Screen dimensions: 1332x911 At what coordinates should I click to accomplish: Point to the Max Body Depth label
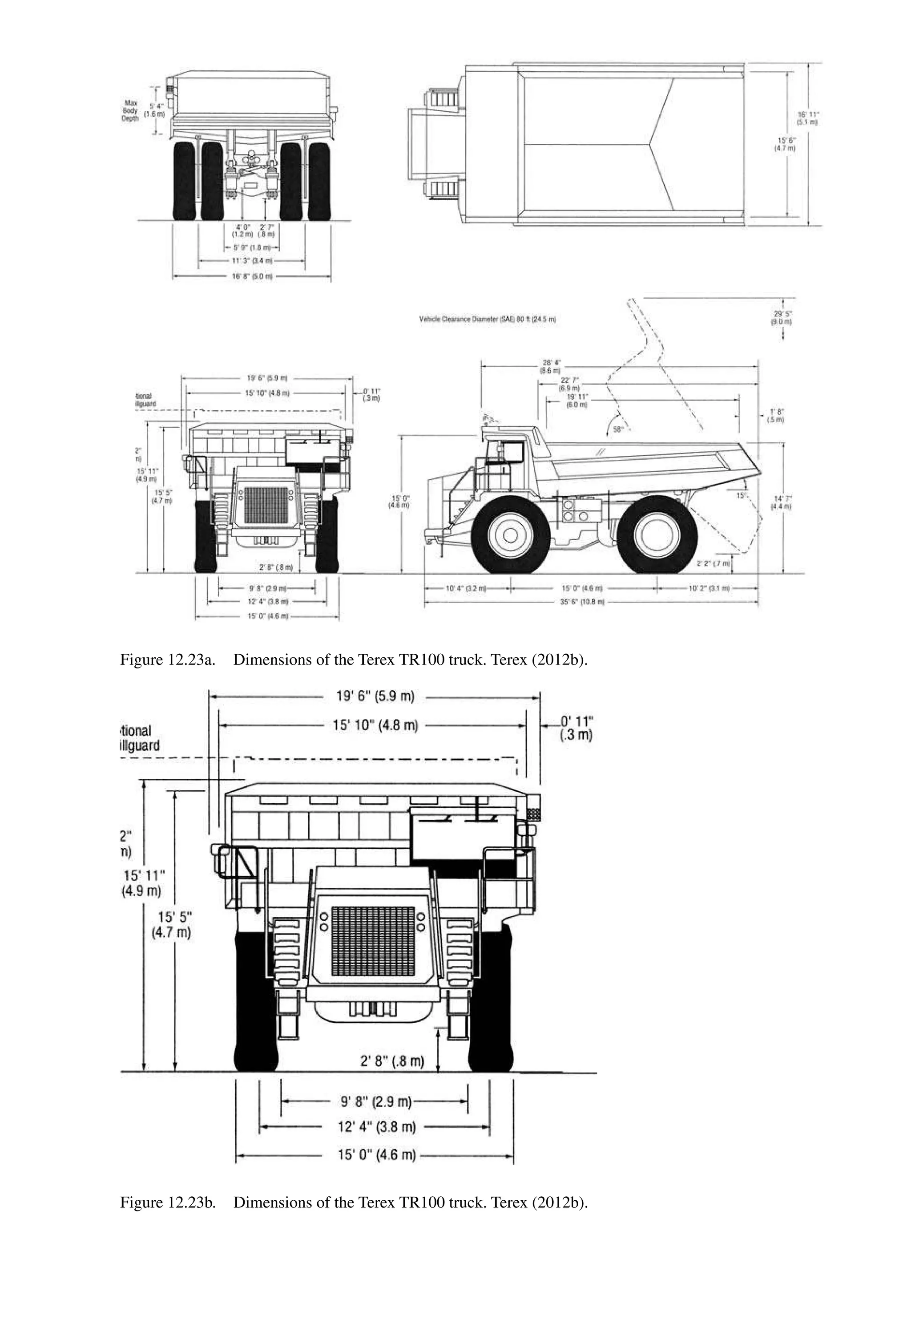(x=130, y=111)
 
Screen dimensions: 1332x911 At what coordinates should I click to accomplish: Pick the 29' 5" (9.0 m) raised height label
(x=782, y=318)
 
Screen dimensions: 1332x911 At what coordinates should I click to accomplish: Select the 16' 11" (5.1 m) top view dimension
(x=808, y=118)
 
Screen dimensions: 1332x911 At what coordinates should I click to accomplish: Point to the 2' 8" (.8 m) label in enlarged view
(x=392, y=1061)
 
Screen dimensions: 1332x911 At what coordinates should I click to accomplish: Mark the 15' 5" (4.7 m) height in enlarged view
(x=171, y=924)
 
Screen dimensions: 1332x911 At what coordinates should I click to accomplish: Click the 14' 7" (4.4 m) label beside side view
(x=782, y=502)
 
